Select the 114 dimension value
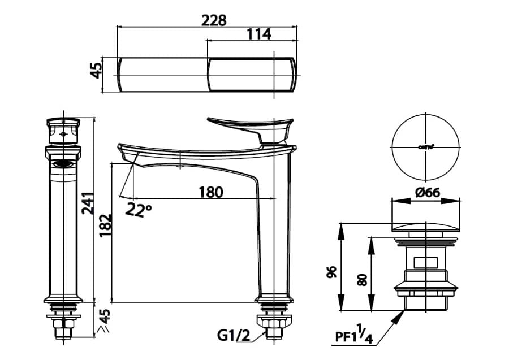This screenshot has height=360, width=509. [x=259, y=34]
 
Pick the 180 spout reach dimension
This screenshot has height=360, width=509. [x=210, y=192]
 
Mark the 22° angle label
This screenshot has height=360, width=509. [x=139, y=210]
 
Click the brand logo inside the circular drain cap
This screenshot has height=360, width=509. [x=426, y=146]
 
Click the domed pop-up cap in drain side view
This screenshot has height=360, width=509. [x=426, y=227]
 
